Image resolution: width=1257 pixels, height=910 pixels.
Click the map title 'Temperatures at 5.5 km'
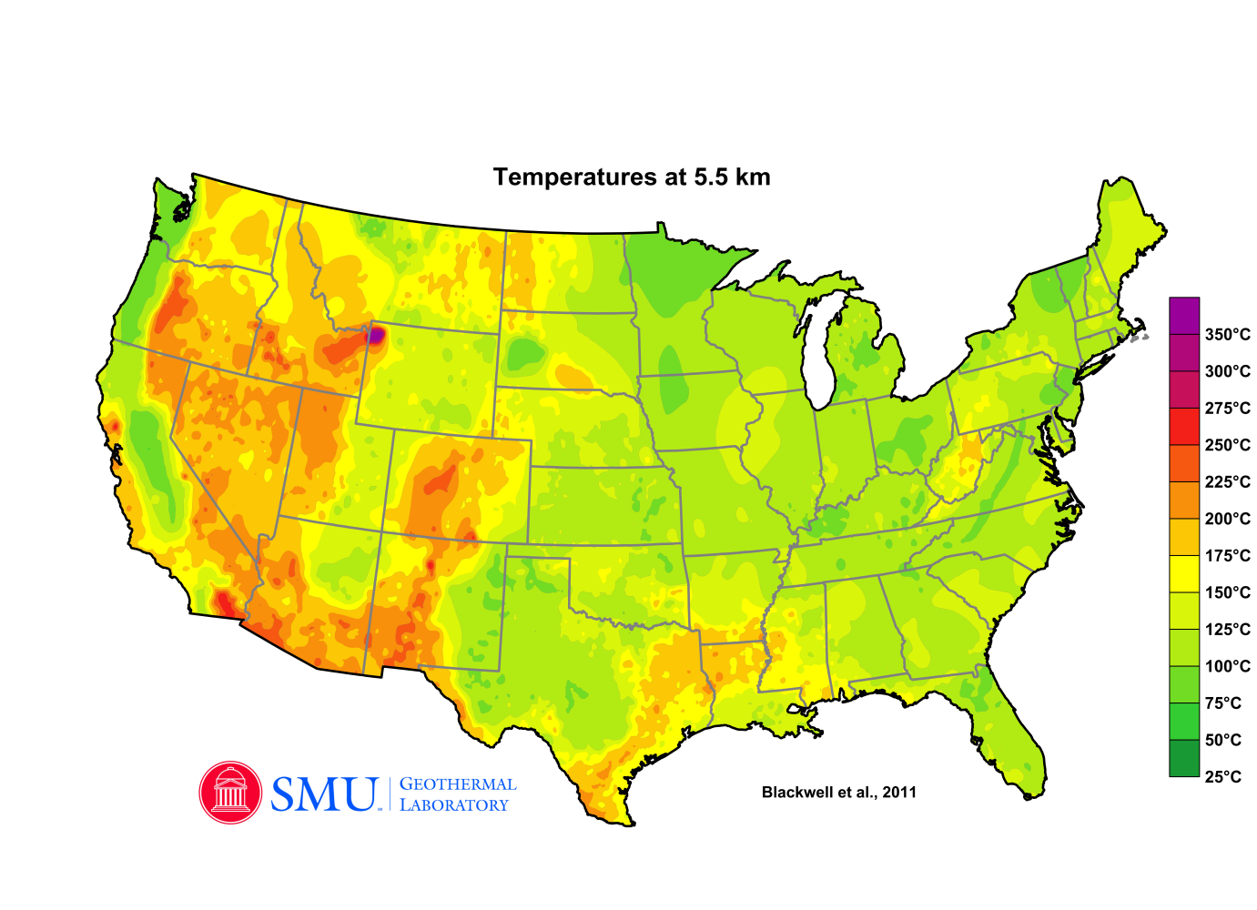(632, 177)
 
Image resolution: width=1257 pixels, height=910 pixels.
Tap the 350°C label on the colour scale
(1227, 335)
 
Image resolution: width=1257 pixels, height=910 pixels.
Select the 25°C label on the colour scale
(1222, 777)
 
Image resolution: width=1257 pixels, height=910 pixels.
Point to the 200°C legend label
(1227, 519)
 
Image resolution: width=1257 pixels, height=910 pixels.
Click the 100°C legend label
(1227, 666)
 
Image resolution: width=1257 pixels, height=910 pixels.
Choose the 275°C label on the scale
(1227, 409)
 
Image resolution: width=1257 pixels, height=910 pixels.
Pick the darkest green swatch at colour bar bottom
(1184, 758)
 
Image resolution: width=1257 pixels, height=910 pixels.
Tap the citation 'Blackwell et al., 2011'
(838, 793)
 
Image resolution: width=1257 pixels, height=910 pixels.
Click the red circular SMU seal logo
(230, 793)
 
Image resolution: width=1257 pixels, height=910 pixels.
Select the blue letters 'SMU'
(324, 794)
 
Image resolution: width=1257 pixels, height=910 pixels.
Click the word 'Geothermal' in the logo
(458, 784)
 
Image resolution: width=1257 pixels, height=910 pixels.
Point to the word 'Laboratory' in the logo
(454, 805)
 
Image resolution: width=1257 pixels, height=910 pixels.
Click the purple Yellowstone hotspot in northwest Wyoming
(374, 336)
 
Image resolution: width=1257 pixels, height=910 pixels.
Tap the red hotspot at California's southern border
(223, 602)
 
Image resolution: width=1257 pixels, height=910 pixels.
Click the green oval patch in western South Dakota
(522, 354)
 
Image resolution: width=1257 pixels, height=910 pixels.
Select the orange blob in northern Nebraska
(573, 377)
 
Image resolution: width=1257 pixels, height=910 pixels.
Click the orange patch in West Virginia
(970, 449)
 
